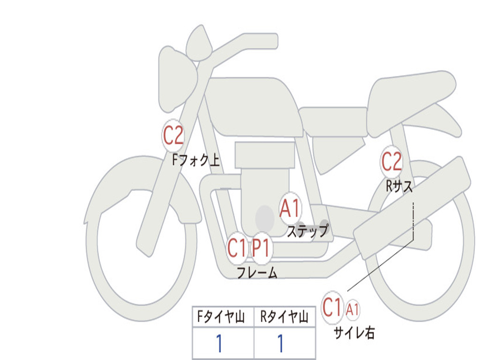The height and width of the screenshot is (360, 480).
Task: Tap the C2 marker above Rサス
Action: click(391, 162)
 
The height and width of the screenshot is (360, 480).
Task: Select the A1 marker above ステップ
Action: click(290, 208)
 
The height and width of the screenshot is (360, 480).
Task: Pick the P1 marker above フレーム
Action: click(261, 248)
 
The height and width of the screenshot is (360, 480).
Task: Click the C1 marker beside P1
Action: click(237, 248)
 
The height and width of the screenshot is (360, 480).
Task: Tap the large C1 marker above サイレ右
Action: click(332, 308)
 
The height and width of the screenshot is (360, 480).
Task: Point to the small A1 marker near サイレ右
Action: click(353, 309)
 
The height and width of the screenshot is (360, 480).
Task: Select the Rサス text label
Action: click(399, 187)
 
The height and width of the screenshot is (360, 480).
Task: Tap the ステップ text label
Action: click(307, 231)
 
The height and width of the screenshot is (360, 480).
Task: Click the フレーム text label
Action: click(257, 273)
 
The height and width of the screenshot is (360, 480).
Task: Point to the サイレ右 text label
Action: click(354, 333)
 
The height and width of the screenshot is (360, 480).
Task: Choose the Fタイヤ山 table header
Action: click(220, 318)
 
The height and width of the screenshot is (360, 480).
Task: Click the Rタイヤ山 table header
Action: click(284, 318)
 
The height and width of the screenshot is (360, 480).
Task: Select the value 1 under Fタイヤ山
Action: click(219, 344)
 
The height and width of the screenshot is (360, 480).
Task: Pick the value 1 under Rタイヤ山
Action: click(281, 344)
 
